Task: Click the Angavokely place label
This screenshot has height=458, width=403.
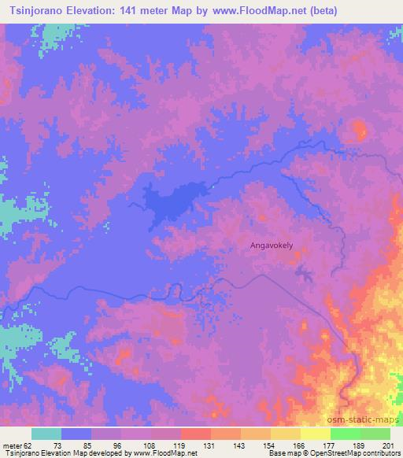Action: (272, 246)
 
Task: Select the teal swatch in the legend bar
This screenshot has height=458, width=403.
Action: (46, 434)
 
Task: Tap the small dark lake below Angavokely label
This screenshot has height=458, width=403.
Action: (303, 273)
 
